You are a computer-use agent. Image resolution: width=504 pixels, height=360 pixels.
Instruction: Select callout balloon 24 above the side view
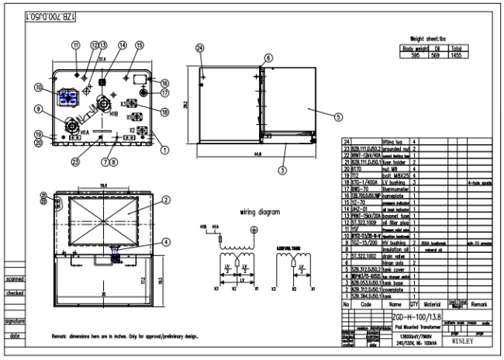(x=200, y=48)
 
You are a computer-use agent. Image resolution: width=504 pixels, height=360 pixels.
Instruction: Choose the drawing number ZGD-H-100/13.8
(x=419, y=317)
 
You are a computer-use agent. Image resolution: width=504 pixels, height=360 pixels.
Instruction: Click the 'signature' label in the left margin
(x=15, y=320)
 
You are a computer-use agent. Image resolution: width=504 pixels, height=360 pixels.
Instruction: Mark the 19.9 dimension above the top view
(x=104, y=186)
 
